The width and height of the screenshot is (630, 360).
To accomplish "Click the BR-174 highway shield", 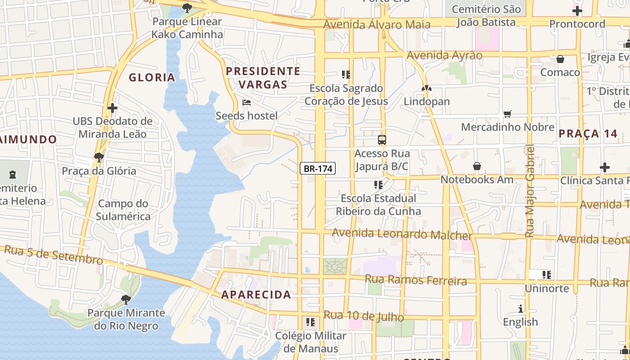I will [x=318, y=169].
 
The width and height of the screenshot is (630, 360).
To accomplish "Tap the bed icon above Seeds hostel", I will [x=246, y=103].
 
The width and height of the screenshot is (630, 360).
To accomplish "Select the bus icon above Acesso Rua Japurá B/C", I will [x=382, y=140].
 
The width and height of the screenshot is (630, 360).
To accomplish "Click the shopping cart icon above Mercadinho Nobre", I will [x=508, y=114].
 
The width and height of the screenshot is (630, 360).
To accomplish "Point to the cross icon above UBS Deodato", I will [x=112, y=108].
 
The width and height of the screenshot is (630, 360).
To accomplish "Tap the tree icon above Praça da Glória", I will [x=99, y=157].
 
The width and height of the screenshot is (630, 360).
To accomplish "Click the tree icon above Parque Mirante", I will [x=126, y=299].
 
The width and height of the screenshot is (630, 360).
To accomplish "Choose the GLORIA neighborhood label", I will [x=152, y=77].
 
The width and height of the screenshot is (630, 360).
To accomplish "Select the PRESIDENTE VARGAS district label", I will [x=263, y=77].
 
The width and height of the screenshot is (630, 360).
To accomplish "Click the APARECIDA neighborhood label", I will [x=256, y=295].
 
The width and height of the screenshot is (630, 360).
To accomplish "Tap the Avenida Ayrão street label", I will [x=444, y=55].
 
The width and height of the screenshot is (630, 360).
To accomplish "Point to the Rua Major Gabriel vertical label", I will [x=530, y=191].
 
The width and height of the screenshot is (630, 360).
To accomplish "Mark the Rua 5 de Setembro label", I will [x=54, y=255].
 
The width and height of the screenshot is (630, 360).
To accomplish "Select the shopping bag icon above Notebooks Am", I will [x=477, y=166].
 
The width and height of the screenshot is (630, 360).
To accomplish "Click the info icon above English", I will [x=521, y=309].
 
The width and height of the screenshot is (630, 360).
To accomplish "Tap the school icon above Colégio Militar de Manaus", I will [x=310, y=322].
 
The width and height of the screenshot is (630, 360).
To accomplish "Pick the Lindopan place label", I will [x=427, y=101].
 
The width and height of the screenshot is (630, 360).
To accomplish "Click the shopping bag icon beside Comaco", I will [x=560, y=59].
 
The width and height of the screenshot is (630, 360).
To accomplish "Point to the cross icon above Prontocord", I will [x=577, y=11].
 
